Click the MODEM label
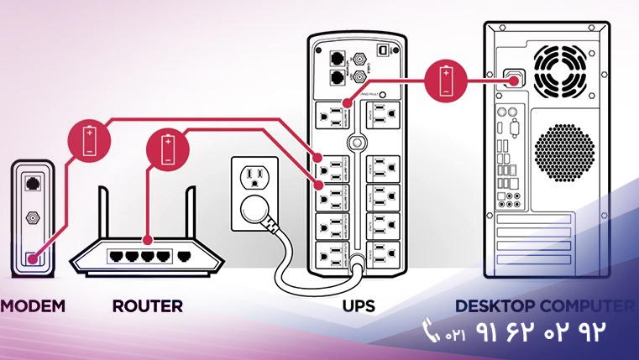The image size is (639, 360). point(32,306)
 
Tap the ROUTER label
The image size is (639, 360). point(147,306)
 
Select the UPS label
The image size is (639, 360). point(358,306)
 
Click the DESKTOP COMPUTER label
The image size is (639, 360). point(544,306)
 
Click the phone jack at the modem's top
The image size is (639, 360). point(33,182)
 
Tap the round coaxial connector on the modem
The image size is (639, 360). point(33,217)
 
